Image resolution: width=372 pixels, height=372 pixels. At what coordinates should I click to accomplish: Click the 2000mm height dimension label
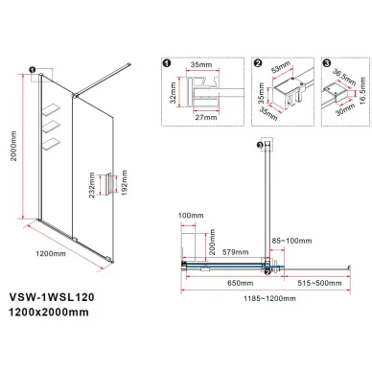(13, 146)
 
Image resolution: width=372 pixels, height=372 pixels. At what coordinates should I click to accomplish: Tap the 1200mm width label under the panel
(51, 253)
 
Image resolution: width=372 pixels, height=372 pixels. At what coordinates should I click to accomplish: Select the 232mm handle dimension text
(92, 185)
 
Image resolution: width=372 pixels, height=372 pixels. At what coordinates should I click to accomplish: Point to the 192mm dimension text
(125, 183)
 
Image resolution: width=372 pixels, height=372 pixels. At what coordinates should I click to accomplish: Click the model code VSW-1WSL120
(52, 297)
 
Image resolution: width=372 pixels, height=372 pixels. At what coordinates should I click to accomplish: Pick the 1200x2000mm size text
(49, 312)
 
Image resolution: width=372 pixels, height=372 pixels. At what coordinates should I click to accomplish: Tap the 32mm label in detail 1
(173, 93)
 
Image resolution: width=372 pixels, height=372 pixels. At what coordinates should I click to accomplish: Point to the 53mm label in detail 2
(282, 67)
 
